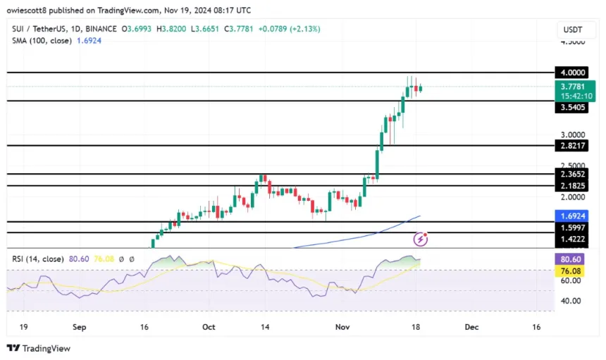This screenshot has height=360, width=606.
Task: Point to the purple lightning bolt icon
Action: click(421, 239)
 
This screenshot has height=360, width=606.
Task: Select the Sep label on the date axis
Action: click(78, 327)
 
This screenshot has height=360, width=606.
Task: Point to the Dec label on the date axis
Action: click(471, 327)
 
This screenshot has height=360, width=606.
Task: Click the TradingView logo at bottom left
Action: click(39, 348)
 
